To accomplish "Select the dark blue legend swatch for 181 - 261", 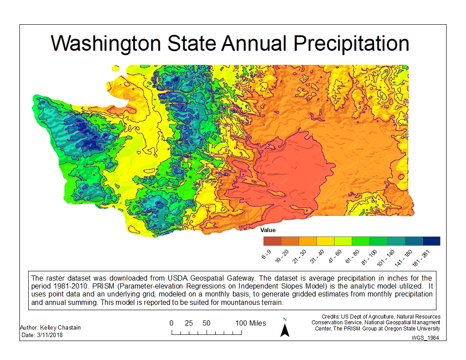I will [x=431, y=241].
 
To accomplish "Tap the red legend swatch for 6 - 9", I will [x=272, y=241].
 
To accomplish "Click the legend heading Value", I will [x=268, y=230].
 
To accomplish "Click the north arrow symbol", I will [x=285, y=328].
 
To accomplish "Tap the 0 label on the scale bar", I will [x=171, y=323].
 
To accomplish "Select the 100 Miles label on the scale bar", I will [x=251, y=323].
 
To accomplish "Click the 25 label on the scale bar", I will [x=189, y=323].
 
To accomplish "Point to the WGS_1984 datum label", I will [x=425, y=337].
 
